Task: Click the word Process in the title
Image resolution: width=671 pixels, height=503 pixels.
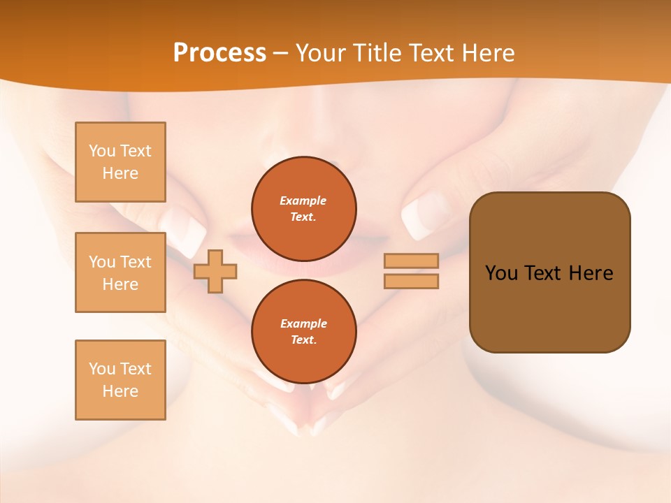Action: coord(219,53)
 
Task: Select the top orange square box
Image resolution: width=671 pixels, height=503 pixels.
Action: coord(120,162)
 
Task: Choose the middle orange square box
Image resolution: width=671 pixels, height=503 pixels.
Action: coord(120,272)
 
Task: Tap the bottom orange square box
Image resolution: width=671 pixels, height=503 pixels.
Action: coord(120,380)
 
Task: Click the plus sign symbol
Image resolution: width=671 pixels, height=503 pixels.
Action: coord(215,270)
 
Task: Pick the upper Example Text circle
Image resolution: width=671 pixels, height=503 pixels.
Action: coord(303,209)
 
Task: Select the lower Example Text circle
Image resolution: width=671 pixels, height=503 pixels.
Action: coord(303,332)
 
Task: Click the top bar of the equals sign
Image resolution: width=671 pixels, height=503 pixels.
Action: coord(411,261)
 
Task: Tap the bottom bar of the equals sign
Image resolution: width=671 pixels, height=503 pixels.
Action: coord(411,281)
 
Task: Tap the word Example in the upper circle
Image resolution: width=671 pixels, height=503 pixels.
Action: coord(303,201)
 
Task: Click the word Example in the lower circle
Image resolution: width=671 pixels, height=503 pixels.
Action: coord(303,323)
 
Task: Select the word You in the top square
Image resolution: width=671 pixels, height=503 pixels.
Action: coord(102,151)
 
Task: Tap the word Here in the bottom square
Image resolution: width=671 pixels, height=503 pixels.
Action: coord(120,391)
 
